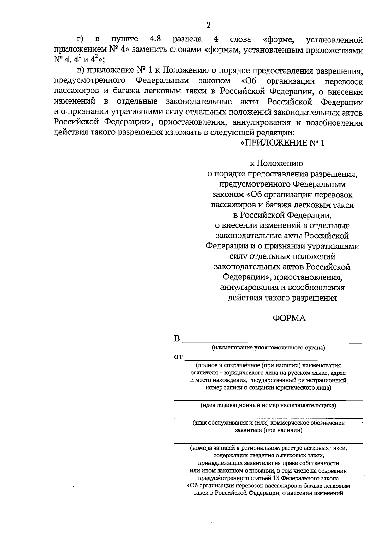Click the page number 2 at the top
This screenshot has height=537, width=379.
point(208,26)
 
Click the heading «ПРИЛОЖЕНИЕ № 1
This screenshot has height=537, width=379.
point(282,143)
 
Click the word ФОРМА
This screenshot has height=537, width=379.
point(289,319)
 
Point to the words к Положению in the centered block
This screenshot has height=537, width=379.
point(276,164)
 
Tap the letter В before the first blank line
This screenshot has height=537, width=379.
point(177,339)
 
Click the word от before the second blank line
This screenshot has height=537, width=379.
point(178,357)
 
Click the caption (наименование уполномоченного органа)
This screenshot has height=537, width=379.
point(268,348)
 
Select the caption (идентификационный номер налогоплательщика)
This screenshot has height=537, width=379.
point(268,405)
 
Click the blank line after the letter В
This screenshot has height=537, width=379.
point(272,342)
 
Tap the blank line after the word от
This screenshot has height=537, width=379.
point(272,360)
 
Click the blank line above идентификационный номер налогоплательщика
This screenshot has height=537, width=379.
point(268,400)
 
